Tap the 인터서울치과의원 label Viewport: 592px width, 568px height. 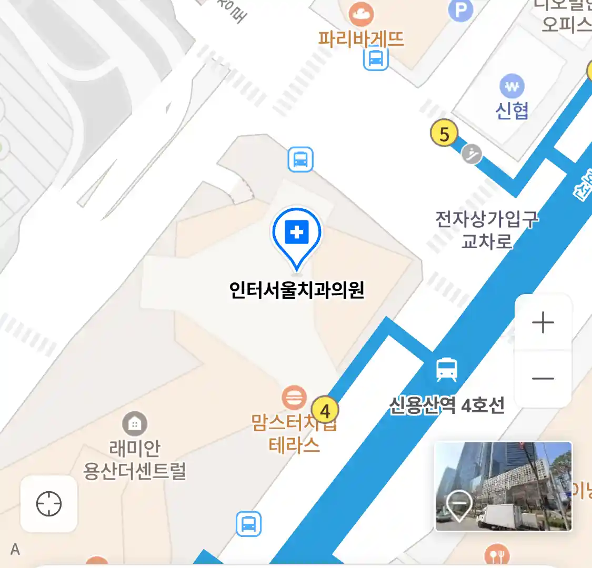297,290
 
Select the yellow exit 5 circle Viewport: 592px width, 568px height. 444,134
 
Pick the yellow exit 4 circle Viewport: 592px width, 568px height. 325,410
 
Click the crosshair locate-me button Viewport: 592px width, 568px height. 49,504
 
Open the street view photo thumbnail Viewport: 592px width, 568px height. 503,486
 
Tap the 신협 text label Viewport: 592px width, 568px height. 511,110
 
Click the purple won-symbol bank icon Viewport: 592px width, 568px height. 511,86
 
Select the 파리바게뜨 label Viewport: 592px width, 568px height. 361,39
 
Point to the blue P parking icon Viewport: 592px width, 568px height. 460,11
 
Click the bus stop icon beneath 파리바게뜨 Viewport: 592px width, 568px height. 376,58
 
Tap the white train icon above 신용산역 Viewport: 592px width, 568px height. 447,370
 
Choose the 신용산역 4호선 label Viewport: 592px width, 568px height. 447,405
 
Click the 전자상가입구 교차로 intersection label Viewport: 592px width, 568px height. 487,230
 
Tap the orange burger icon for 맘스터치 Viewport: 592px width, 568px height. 294,397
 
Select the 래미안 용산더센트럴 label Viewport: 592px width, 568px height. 135,460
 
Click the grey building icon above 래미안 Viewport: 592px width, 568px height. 135,423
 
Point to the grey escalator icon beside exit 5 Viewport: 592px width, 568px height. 472,154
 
